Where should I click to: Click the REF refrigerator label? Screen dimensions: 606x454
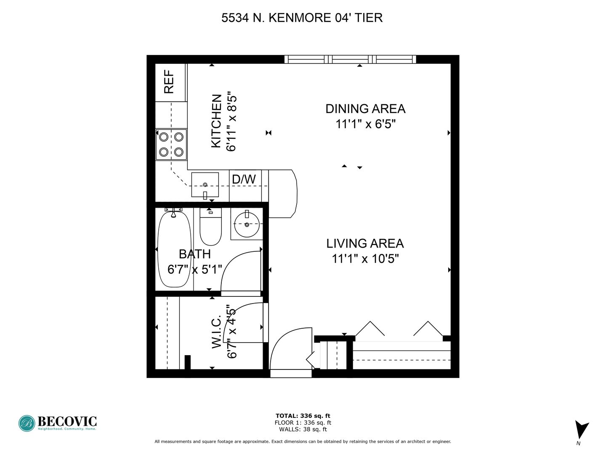[x=169, y=82]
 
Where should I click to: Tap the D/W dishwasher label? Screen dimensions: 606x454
[x=244, y=179]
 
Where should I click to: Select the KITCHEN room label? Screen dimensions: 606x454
[x=216, y=121]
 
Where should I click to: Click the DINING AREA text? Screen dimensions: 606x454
[x=365, y=108]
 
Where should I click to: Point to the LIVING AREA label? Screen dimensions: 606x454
[x=365, y=243]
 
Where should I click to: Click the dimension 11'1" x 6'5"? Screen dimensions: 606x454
[x=366, y=124]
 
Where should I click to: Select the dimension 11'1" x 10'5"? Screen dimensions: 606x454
[x=365, y=259]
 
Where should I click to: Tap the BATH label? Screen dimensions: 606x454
[x=195, y=254]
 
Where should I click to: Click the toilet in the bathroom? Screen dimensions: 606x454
[x=211, y=226]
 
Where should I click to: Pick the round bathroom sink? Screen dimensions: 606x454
[x=247, y=224]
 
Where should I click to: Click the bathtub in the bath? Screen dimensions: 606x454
[x=174, y=248]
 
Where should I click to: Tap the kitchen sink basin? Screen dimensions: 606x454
[x=205, y=185]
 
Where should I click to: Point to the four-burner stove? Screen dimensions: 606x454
[x=171, y=145]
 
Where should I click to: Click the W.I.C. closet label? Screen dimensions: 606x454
[x=216, y=332]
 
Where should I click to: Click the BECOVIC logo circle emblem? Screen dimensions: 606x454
[x=27, y=423]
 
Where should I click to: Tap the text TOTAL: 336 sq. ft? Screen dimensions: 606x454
[x=303, y=416]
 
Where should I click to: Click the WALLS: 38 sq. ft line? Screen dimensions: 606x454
[x=303, y=429]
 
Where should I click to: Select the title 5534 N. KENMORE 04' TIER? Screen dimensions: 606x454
[x=302, y=18]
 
